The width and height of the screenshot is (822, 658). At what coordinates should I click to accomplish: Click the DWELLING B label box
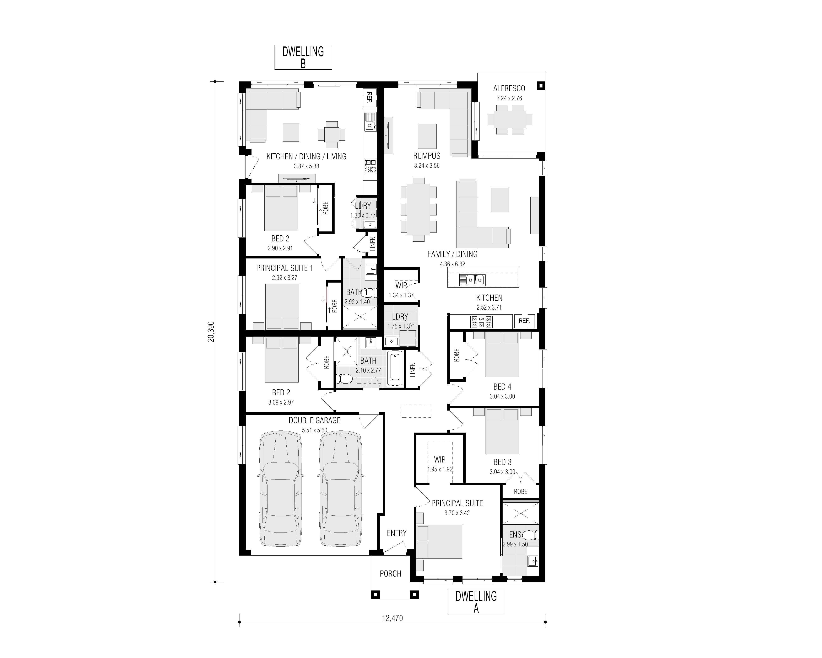303,57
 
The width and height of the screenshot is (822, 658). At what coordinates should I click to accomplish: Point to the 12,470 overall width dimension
392,618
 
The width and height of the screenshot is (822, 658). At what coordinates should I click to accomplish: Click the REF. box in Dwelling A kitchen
524,321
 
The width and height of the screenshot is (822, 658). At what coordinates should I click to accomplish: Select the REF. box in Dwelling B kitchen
369,97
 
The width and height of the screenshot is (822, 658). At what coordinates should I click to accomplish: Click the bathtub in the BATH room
395,369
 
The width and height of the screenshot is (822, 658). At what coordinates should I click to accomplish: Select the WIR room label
440,460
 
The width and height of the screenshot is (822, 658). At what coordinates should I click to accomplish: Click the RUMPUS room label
427,156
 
